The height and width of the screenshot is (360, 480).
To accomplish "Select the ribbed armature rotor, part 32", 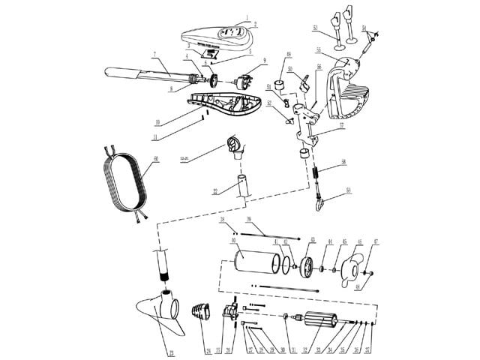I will (319, 322).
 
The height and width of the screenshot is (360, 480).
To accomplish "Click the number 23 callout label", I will (172, 352).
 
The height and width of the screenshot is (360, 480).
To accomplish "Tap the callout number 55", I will (319, 50).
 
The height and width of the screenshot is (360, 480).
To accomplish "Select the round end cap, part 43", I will (307, 267).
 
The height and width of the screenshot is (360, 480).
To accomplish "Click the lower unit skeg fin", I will (159, 319).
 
